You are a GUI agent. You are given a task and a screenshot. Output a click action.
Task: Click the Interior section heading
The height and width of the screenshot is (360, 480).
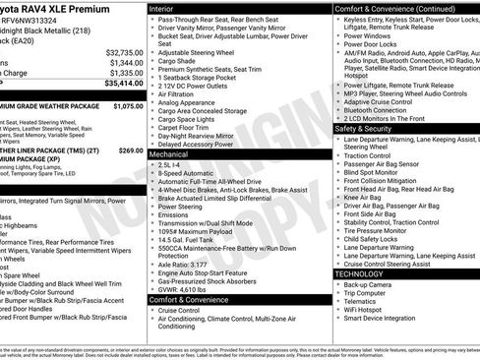pyautogui.click(x=165, y=8)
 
